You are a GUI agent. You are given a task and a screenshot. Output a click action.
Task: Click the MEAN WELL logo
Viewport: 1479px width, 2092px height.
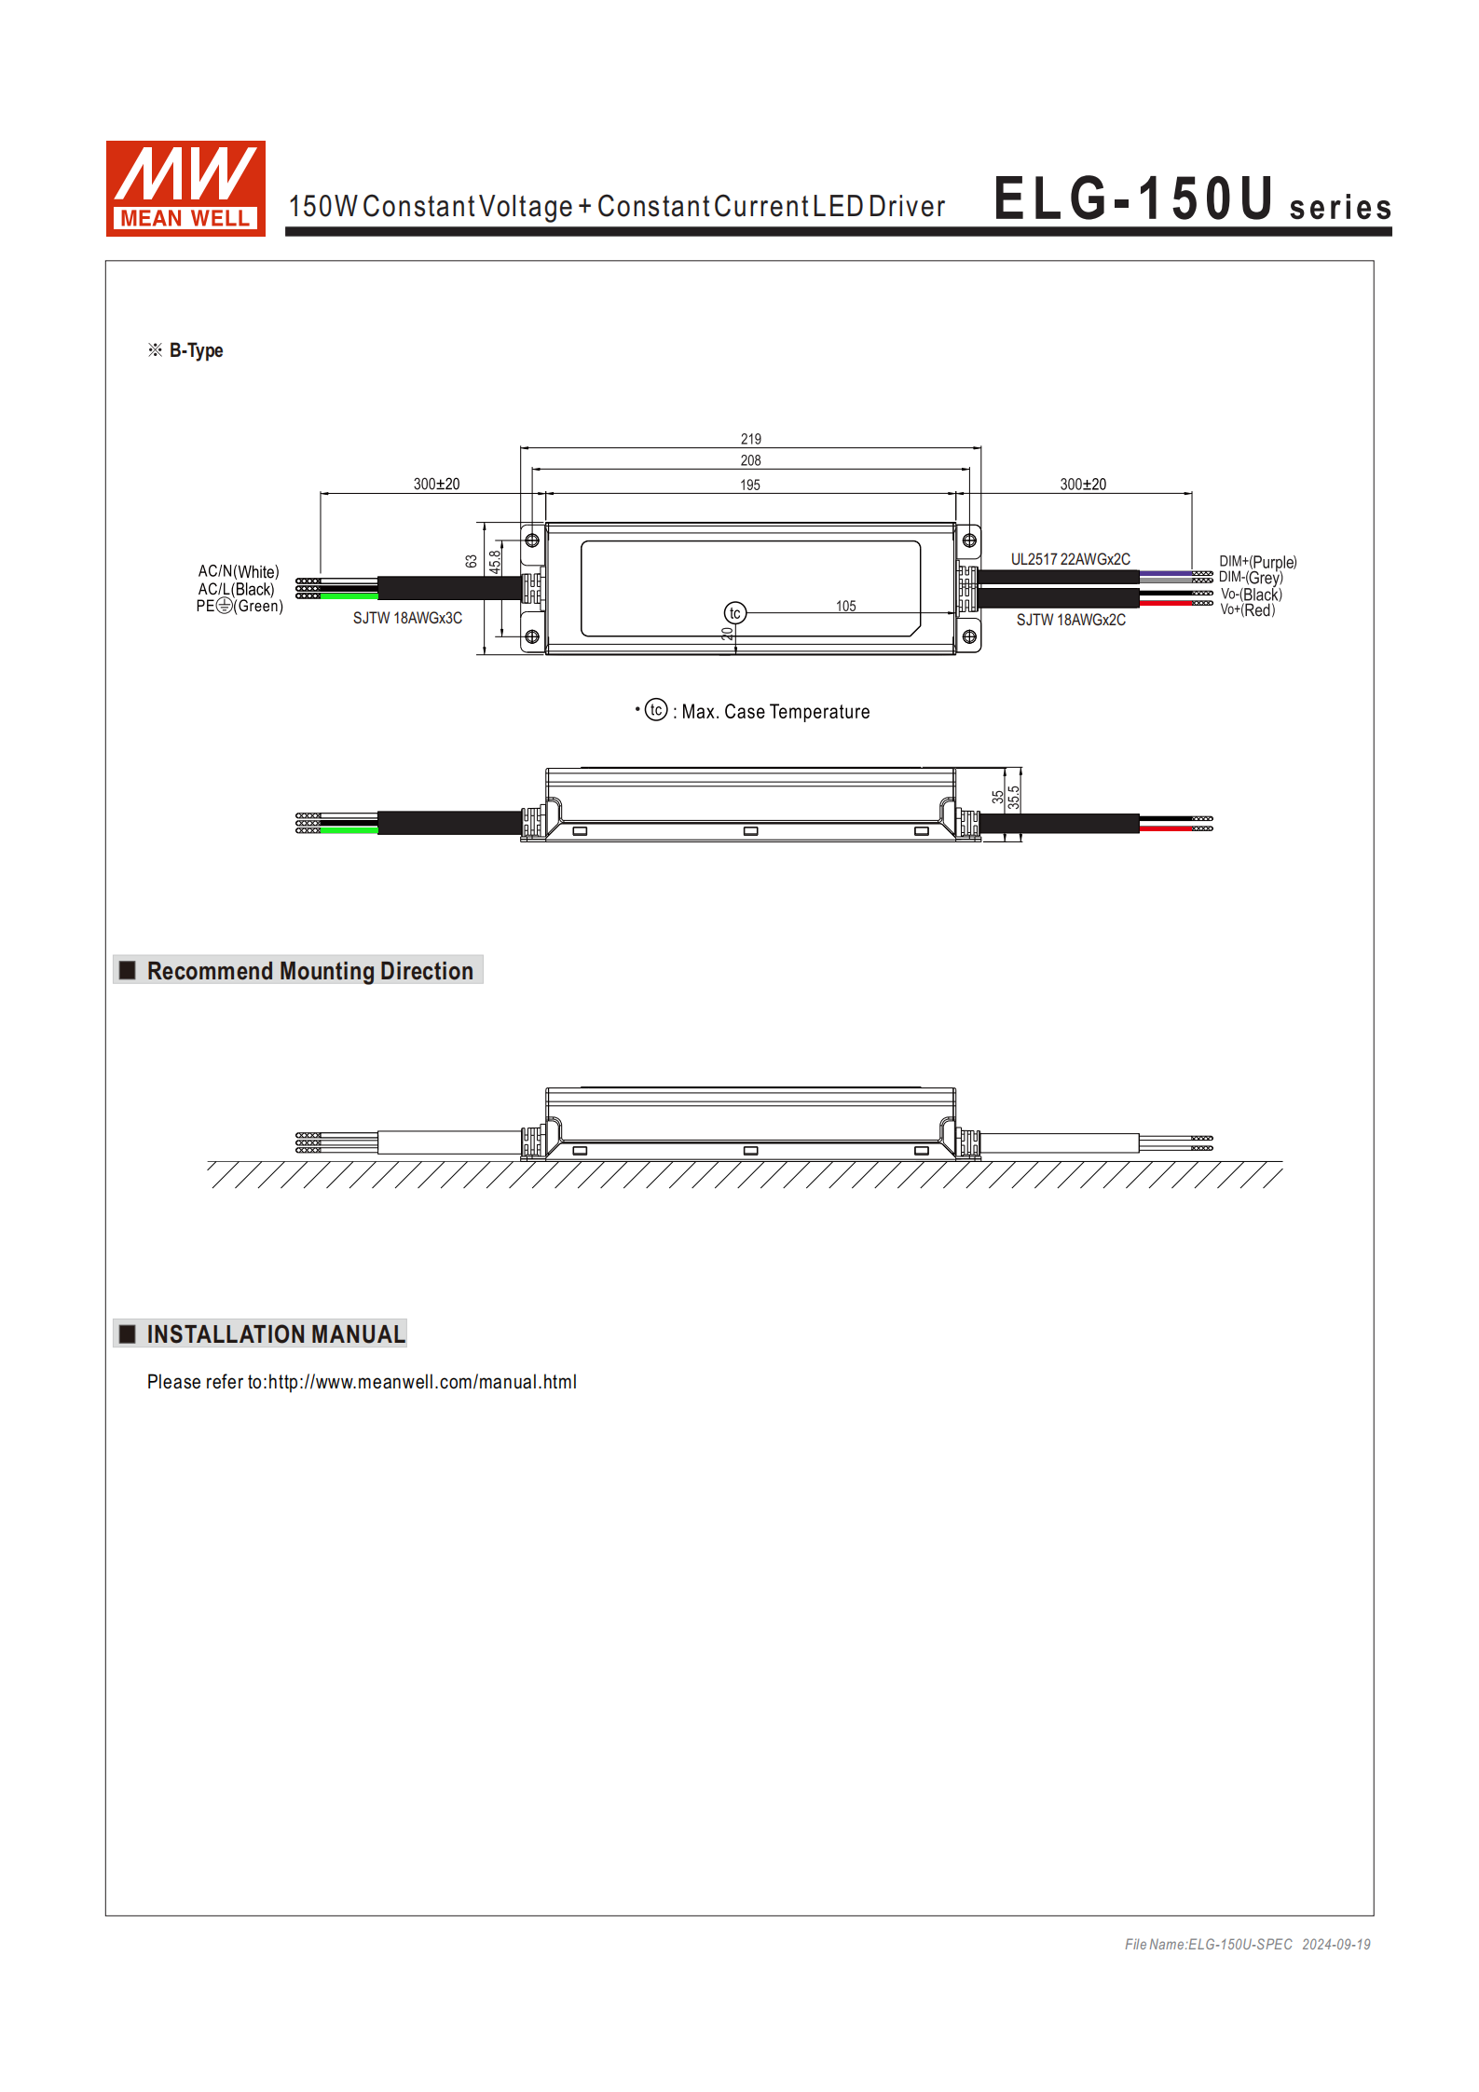(185, 188)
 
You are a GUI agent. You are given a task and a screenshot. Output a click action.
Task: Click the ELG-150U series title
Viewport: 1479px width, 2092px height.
(1191, 200)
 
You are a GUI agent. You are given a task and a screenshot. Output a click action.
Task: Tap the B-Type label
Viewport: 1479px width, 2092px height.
(195, 350)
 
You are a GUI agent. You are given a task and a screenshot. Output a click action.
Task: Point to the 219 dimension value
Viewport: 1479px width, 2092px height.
(750, 439)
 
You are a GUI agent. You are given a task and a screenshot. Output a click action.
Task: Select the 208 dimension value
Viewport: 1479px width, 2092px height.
(750, 460)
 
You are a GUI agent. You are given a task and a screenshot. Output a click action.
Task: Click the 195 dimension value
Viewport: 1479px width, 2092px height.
(750, 485)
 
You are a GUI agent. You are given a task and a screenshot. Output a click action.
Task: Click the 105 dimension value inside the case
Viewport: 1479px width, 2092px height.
(845, 606)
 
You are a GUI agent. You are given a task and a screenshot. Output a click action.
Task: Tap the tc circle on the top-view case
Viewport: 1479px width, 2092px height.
(734, 613)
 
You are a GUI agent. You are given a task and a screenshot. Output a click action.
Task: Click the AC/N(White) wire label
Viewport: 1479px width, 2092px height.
(239, 571)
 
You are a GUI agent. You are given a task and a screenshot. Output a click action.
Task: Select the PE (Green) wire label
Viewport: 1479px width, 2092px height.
(240, 606)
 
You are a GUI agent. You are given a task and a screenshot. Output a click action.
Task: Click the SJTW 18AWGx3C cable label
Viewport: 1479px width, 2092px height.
(407, 618)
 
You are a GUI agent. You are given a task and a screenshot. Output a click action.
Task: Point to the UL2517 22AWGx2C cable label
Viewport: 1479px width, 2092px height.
(1070, 559)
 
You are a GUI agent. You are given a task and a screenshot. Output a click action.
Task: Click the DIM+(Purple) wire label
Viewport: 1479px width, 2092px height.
(1257, 562)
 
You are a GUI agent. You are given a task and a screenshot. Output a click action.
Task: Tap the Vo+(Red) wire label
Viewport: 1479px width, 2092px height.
(1247, 610)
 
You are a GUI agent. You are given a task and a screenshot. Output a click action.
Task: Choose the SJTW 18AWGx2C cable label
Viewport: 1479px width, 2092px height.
(1070, 620)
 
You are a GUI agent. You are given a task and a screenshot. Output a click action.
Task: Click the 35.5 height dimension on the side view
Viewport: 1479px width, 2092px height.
(1014, 797)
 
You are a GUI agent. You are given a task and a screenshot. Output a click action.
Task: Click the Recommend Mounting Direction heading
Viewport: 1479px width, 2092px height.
(309, 971)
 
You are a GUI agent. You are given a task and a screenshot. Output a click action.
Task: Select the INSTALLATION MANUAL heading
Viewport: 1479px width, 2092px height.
(275, 1334)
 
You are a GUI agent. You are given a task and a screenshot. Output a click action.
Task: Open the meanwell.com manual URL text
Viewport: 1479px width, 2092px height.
(422, 1382)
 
